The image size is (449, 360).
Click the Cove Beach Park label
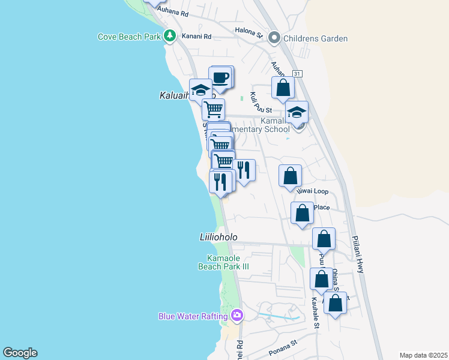tap(129, 37)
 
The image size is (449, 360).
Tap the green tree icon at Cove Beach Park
tap(170, 36)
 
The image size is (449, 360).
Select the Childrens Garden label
tap(315, 38)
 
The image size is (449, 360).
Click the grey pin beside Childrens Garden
tap(275, 38)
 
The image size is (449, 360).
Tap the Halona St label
tap(249, 34)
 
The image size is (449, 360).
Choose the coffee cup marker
tap(221, 77)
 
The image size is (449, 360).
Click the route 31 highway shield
tap(297, 73)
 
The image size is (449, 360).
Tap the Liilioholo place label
tap(218, 237)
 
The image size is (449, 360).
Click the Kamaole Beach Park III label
tap(223, 262)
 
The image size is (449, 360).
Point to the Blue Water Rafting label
tap(193, 316)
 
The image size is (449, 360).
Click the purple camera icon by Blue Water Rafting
tap(237, 315)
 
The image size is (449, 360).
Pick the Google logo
tap(20, 353)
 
